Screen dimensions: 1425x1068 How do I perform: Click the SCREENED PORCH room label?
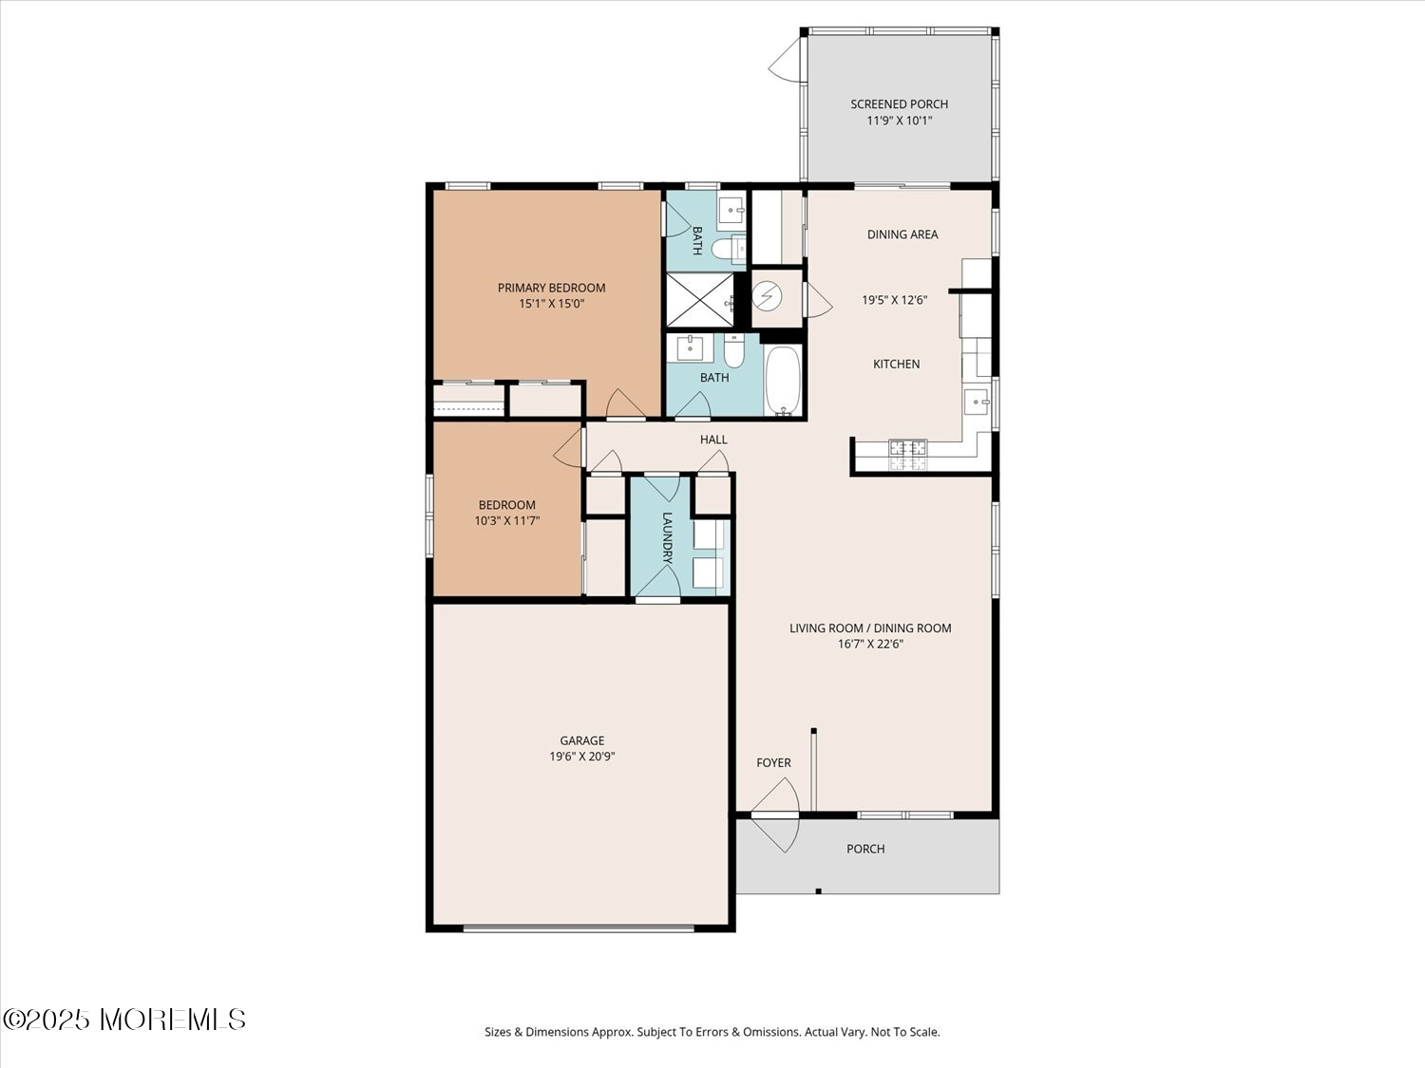point(899,103)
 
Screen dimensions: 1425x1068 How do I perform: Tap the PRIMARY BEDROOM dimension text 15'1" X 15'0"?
point(551,304)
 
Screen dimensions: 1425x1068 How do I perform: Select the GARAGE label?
point(581,740)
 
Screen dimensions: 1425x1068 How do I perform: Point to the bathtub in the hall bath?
point(784,380)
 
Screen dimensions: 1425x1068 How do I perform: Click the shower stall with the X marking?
point(700,300)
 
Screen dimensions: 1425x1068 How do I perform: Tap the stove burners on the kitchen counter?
point(907,455)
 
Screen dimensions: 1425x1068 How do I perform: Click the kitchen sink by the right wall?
point(976,402)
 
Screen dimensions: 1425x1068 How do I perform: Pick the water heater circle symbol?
point(768,297)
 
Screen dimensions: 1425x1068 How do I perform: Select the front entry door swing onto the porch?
point(776,834)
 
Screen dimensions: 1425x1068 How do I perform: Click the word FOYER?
point(773,763)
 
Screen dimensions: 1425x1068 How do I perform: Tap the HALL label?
point(713,440)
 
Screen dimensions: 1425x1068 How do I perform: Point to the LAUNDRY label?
point(668,537)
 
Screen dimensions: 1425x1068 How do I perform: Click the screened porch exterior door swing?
point(785,60)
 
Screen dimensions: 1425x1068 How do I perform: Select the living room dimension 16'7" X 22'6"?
point(870,644)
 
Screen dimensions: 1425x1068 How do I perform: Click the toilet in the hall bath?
point(734,351)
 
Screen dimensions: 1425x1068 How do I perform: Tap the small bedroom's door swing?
point(569,447)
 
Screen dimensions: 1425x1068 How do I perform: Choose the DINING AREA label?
point(902,234)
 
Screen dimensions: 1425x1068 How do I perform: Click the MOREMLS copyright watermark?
point(124,1020)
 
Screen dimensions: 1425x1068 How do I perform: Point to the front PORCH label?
point(865,849)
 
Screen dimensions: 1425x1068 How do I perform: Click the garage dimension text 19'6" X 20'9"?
point(581,756)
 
